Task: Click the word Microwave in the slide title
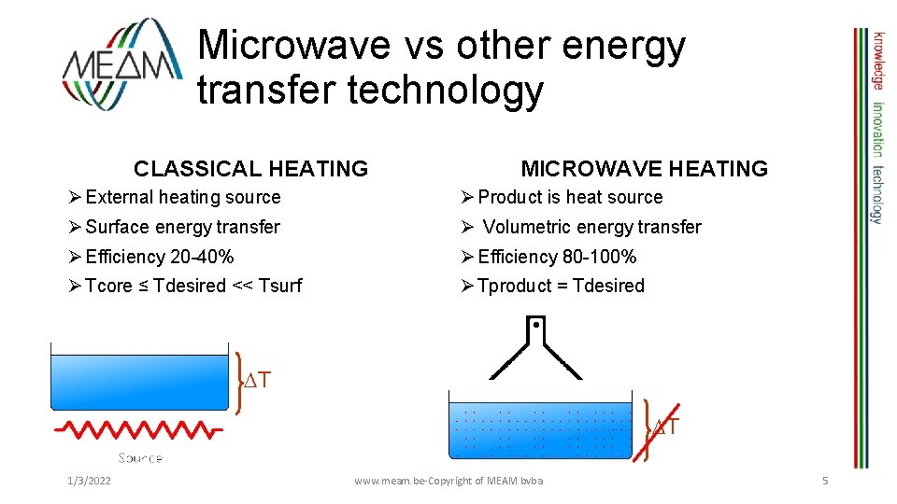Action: pos(292,45)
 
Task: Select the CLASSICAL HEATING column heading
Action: pos(250,169)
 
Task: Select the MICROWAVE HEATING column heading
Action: pos(644,169)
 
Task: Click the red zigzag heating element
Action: pos(138,430)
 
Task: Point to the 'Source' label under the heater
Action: pos(140,457)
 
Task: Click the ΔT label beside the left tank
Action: pos(257,380)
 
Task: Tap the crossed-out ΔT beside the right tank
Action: pos(664,427)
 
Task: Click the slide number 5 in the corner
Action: pos(825,480)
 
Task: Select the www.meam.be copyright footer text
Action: pos(448,480)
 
